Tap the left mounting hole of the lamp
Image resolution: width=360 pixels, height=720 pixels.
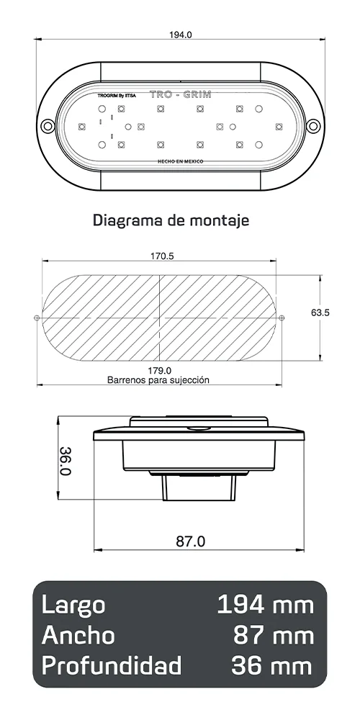(x=48, y=126)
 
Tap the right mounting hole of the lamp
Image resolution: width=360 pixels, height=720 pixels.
(x=313, y=126)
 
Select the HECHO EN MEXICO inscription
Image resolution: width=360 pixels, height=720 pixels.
(x=181, y=163)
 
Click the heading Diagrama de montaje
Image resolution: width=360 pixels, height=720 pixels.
(x=171, y=220)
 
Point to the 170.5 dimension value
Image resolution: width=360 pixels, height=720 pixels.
(x=162, y=256)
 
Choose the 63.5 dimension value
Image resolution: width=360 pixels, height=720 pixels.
(x=320, y=313)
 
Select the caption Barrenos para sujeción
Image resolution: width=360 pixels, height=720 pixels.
(x=158, y=379)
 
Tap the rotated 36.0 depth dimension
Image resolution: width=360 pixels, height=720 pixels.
(x=65, y=461)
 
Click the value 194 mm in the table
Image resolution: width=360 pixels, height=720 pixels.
(x=266, y=605)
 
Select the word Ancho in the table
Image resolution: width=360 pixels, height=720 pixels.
(x=78, y=635)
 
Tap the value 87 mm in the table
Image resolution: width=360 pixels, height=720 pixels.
(x=274, y=635)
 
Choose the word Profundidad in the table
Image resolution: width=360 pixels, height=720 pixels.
(x=112, y=665)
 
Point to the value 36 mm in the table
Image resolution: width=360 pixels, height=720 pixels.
(x=272, y=665)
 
